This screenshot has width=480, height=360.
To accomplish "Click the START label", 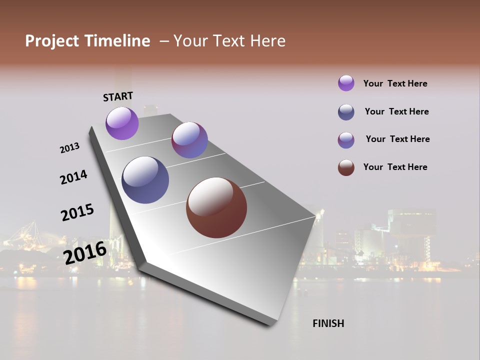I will (x=118, y=96).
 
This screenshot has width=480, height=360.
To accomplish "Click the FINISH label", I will (x=328, y=323).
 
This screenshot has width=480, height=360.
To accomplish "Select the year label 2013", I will (x=69, y=148).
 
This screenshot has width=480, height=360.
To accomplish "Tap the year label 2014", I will (x=73, y=177).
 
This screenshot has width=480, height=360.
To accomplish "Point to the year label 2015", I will (x=77, y=212).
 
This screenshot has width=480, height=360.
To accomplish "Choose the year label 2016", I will (x=85, y=252).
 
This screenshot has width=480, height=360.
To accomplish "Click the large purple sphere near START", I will (x=122, y=123).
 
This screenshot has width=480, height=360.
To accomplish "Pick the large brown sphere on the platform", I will (x=216, y=207).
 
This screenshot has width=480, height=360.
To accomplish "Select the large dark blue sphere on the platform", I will (x=145, y=180).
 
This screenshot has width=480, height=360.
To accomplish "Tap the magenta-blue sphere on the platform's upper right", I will (x=189, y=140).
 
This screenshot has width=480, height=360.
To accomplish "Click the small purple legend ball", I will (x=346, y=83).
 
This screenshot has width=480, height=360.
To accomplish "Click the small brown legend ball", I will (x=346, y=167).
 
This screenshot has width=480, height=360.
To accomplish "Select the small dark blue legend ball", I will (x=346, y=112).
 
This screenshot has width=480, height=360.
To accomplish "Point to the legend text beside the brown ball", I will (x=395, y=167).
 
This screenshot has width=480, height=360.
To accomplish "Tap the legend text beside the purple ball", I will (x=395, y=83).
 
